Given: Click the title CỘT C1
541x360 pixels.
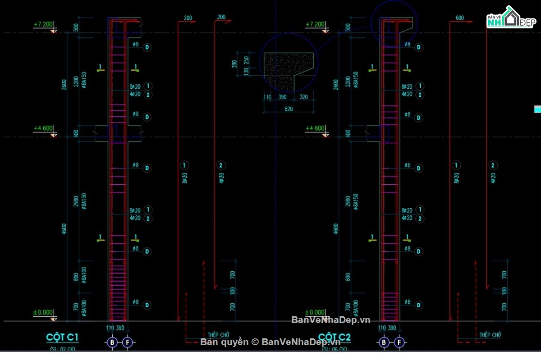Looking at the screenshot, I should [63, 337].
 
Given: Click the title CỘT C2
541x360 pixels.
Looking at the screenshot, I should [335, 337].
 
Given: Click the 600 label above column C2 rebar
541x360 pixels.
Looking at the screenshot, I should [459, 18].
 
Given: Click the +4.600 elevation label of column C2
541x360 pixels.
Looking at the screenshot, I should [315, 128].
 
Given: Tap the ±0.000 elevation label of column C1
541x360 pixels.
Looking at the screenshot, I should [43, 312].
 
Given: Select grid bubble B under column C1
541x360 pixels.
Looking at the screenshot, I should [112, 343].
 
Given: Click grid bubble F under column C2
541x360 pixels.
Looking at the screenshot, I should [399, 343].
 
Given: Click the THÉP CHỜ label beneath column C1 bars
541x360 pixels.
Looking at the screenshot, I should [219, 335].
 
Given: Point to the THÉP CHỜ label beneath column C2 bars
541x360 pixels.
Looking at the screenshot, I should [491, 335].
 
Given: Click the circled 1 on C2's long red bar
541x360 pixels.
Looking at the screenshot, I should [456, 165].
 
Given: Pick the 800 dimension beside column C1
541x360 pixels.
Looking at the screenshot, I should [76, 276].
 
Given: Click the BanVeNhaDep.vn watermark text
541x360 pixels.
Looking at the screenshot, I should [330, 320].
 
